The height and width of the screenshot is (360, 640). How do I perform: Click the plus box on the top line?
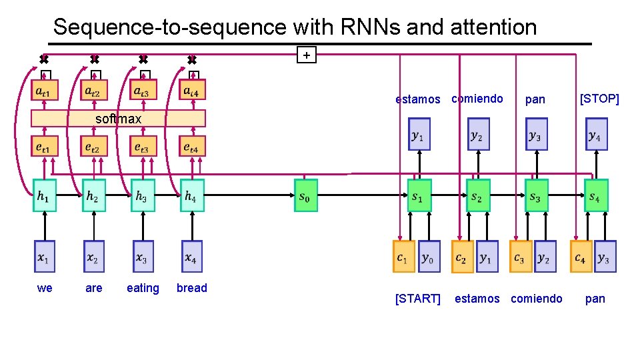[x=306, y=55]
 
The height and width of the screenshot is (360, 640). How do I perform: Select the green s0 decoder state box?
[x=306, y=195]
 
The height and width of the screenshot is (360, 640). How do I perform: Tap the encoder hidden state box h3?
[x=143, y=195]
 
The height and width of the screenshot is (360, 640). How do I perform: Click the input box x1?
[x=45, y=257]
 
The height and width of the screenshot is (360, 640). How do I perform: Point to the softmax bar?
[x=119, y=119]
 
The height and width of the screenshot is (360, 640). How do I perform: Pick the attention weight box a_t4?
[x=192, y=89]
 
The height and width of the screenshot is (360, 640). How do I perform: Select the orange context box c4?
[x=581, y=257]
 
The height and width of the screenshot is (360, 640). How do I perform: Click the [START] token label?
[x=418, y=299]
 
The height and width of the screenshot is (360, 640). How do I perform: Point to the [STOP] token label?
[x=599, y=99]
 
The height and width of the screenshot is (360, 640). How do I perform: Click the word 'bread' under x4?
[x=192, y=288]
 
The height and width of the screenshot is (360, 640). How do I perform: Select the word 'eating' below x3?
[x=143, y=288]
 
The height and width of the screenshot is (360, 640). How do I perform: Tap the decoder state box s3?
[x=537, y=197]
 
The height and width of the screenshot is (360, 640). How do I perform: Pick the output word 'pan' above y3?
[x=535, y=99]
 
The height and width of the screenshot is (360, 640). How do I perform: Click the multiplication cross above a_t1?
[x=44, y=59]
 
